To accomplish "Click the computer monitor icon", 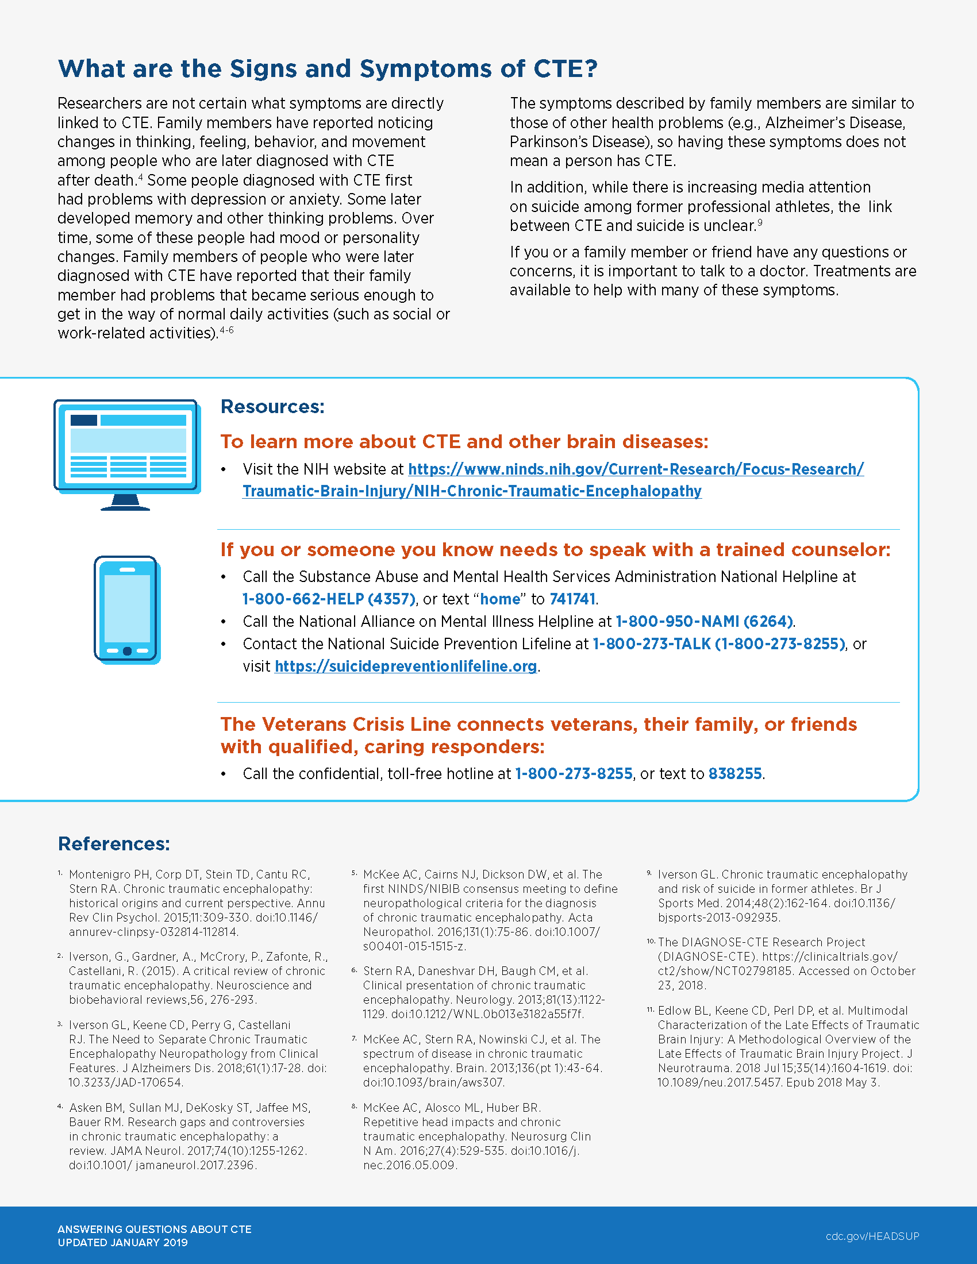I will click(127, 454).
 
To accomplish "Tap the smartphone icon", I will click(128, 610).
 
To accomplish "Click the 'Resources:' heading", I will click(272, 407).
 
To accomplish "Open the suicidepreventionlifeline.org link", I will click(405, 666).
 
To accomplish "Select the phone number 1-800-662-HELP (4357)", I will click(329, 599).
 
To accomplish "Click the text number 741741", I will click(572, 599).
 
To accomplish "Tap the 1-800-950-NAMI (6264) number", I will click(704, 622).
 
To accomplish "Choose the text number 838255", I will click(735, 774).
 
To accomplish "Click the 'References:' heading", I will click(114, 844).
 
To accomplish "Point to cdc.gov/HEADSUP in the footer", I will click(872, 1236).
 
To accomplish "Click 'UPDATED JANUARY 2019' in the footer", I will click(123, 1243).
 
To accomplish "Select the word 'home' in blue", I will click(500, 599).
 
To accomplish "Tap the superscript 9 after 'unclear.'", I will click(760, 222).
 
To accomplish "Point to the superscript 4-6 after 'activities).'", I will click(226, 330).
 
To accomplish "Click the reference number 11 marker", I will click(651, 1010).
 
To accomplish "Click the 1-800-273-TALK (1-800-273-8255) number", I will click(719, 644).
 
